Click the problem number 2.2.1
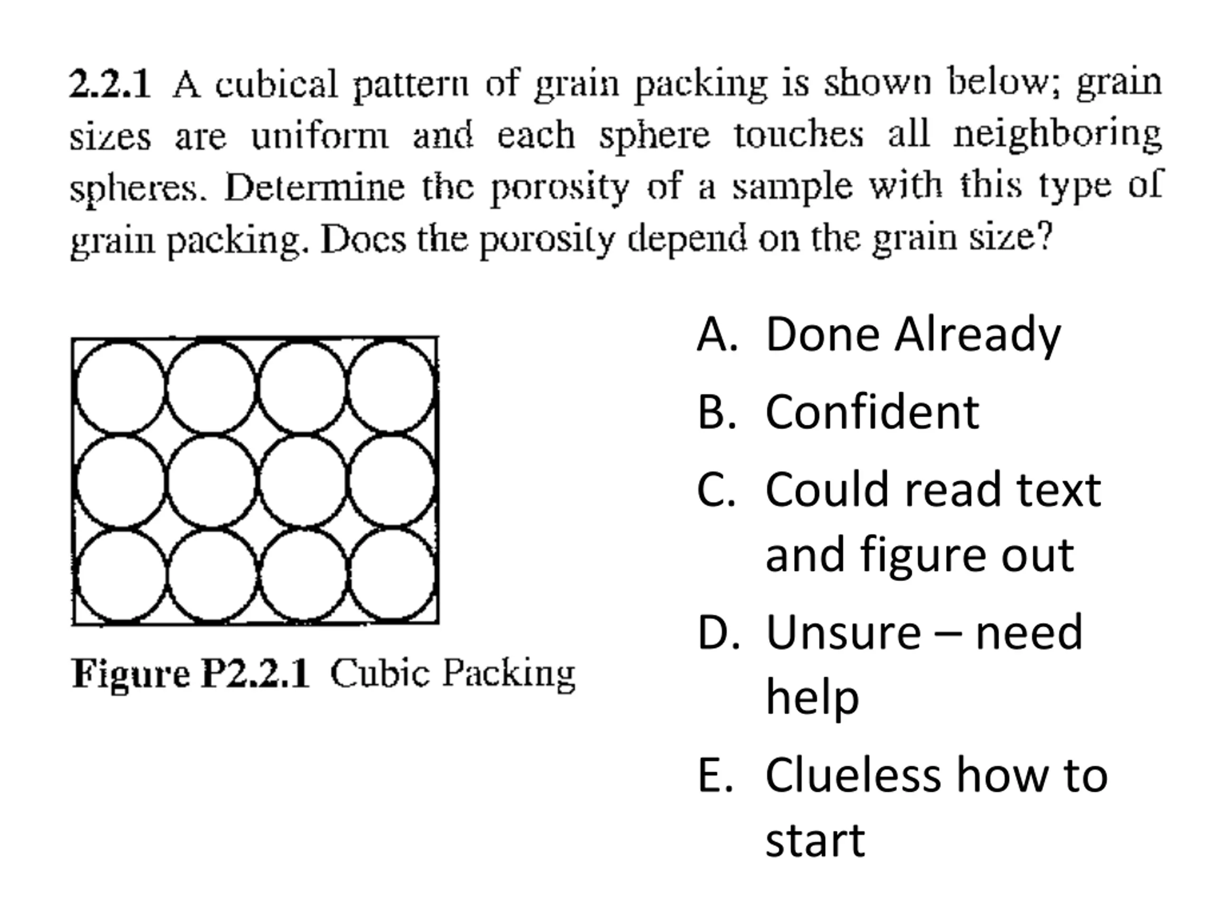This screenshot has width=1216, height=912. point(109,84)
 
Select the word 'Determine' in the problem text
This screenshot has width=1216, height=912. point(314,188)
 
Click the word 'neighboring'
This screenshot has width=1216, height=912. point(1057,136)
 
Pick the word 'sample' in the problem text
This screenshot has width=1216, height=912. point(792,188)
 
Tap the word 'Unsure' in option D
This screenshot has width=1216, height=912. point(843,633)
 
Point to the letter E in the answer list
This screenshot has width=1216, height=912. point(714,776)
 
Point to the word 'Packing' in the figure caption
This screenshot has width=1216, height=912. point(509,674)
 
